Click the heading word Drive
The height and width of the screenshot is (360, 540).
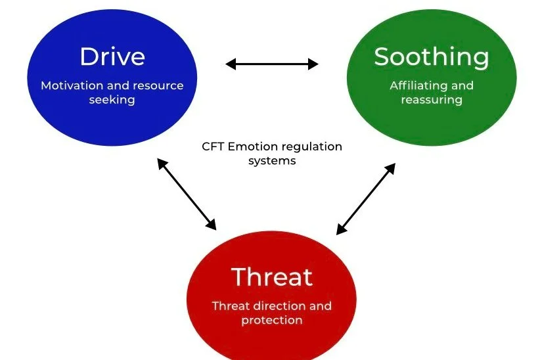[x=112, y=56]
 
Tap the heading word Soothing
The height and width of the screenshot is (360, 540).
[x=432, y=57]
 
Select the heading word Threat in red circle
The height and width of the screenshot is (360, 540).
[x=271, y=277]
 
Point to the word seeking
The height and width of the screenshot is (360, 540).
[x=112, y=101]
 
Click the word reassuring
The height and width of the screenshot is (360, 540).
[x=432, y=100]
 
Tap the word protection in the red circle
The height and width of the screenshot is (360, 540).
[x=271, y=321]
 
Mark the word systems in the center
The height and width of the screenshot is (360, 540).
[x=271, y=161]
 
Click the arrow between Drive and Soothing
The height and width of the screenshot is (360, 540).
[x=271, y=64]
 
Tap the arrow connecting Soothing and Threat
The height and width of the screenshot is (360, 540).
[x=366, y=199]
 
